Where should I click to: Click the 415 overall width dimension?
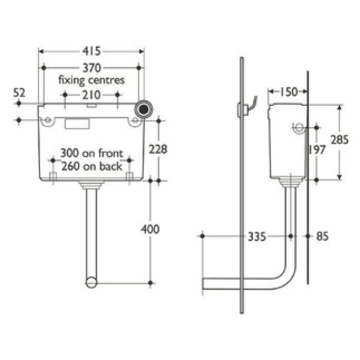pyautogui.click(x=92, y=51)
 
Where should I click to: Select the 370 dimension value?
pyautogui.click(x=92, y=68)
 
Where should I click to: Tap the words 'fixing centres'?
pyautogui.click(x=91, y=80)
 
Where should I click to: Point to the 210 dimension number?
pyautogui.click(x=91, y=95)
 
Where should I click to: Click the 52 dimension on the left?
pyautogui.click(x=19, y=92)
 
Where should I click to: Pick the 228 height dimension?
pyautogui.click(x=157, y=149)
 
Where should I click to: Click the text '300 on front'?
pyautogui.click(x=92, y=153)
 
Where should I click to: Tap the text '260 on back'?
pyautogui.click(x=92, y=166)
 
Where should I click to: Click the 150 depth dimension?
pyautogui.click(x=289, y=92)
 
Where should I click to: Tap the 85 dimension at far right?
pyautogui.click(x=322, y=237)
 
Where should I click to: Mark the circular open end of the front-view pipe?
pyautogui.click(x=91, y=282)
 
